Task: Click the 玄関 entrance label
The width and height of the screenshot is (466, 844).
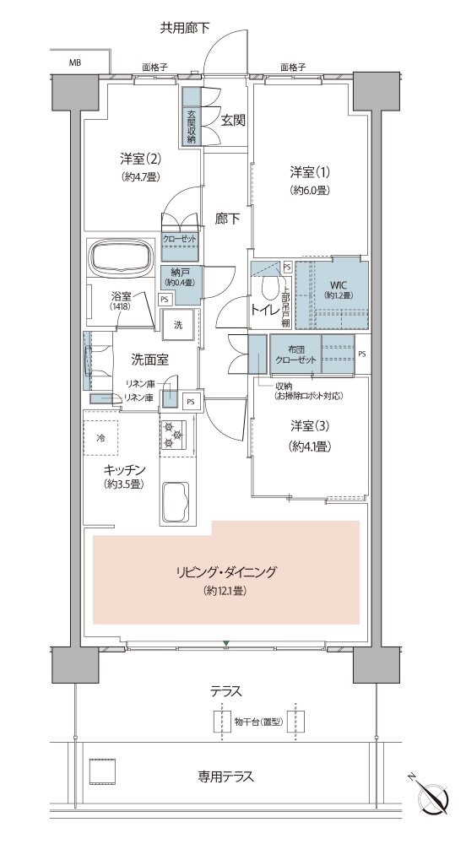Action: click(x=234, y=121)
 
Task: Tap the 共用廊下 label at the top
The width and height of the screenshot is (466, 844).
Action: click(x=185, y=28)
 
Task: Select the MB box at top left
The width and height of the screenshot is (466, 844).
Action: click(x=77, y=62)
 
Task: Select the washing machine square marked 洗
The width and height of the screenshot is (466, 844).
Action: click(x=178, y=325)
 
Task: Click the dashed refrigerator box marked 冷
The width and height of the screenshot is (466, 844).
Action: click(x=100, y=438)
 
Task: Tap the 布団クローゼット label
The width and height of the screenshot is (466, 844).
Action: click(x=295, y=355)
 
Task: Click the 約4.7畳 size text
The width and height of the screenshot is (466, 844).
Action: click(x=139, y=176)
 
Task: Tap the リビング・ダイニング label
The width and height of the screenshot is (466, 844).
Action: click(x=225, y=572)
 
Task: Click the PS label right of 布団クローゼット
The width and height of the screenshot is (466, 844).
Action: click(x=361, y=354)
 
